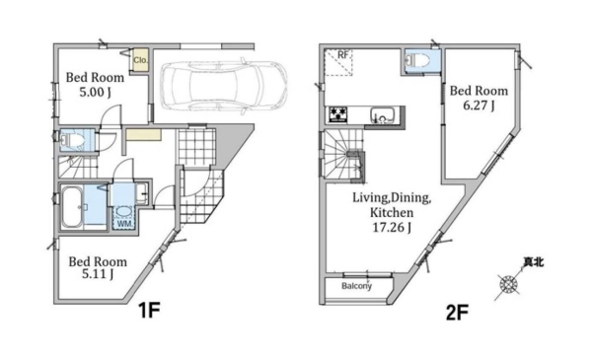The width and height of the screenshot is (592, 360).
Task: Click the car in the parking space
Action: (223, 86)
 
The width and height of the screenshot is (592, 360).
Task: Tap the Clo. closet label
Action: (140, 60)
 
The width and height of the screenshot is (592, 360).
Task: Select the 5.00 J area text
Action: (95, 92)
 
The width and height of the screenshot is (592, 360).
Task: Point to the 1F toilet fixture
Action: (71, 140)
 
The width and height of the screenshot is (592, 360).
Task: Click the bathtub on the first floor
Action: (72, 207)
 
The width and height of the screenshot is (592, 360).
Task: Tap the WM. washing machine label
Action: (125, 224)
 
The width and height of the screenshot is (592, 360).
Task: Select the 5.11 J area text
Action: (98, 274)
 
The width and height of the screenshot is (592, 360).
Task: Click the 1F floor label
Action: (150, 311)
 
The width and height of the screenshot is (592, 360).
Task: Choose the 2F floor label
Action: (457, 313)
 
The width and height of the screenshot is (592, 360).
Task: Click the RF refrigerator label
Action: (342, 54)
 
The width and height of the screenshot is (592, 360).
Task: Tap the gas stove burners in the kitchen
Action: (337, 114)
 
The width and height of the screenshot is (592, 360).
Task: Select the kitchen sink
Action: (382, 115)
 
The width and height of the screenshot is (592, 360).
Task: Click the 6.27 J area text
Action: (479, 106)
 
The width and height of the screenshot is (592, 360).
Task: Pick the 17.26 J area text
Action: (393, 228)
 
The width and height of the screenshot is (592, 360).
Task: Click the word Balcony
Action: (357, 286)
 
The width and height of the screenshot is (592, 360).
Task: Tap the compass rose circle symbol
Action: (508, 284)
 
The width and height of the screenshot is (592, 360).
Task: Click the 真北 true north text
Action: (534, 262)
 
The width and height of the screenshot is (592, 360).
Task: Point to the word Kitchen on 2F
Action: (392, 212)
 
